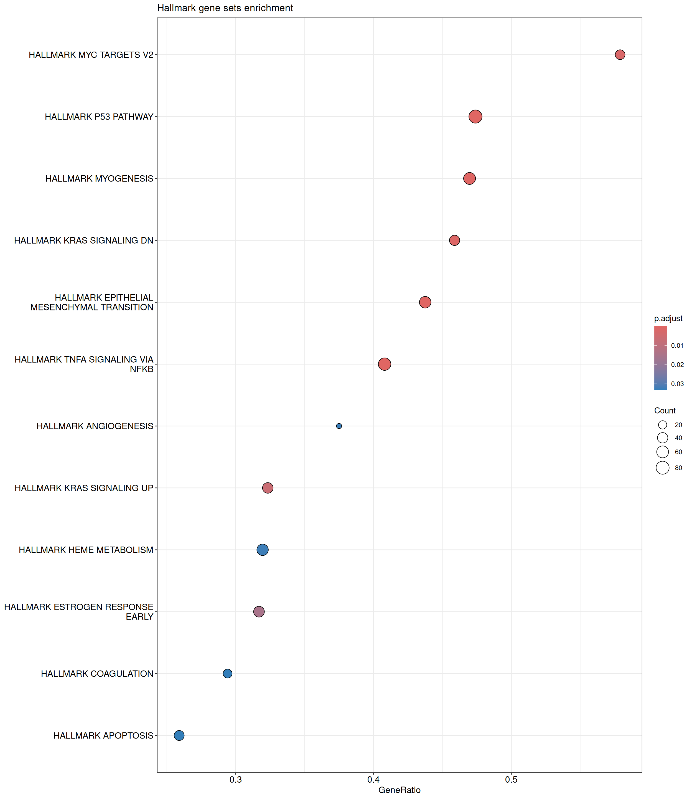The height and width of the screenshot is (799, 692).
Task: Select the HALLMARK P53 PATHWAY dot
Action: coord(475,116)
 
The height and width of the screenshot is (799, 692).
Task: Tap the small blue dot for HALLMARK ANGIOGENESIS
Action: coord(339,426)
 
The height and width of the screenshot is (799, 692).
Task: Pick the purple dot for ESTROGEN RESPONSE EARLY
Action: coord(259,612)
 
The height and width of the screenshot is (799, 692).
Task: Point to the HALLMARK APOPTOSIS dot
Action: coord(179,735)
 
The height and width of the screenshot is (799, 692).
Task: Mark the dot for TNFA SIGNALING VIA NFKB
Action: coord(385,364)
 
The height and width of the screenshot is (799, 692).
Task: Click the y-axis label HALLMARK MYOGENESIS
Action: coord(99,178)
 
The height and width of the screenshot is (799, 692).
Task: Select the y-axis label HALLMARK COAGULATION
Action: coord(97,673)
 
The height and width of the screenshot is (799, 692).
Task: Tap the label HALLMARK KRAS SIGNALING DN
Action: coord(84,240)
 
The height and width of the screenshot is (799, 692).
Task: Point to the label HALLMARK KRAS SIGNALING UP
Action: coord(84,488)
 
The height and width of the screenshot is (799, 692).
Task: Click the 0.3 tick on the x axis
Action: coord(236,779)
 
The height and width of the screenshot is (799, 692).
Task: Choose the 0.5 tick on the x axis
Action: coord(511,779)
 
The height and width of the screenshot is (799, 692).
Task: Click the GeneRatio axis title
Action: coord(399,790)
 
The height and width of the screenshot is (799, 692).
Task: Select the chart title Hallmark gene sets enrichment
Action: coord(225,8)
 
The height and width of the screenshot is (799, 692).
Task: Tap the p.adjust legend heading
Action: coord(668,318)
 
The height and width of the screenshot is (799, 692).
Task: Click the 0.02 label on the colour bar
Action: coord(677,365)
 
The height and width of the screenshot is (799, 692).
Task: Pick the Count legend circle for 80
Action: coord(663,467)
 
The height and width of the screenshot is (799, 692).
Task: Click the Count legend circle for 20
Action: coord(663,425)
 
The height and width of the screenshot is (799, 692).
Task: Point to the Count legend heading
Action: coord(665,411)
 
